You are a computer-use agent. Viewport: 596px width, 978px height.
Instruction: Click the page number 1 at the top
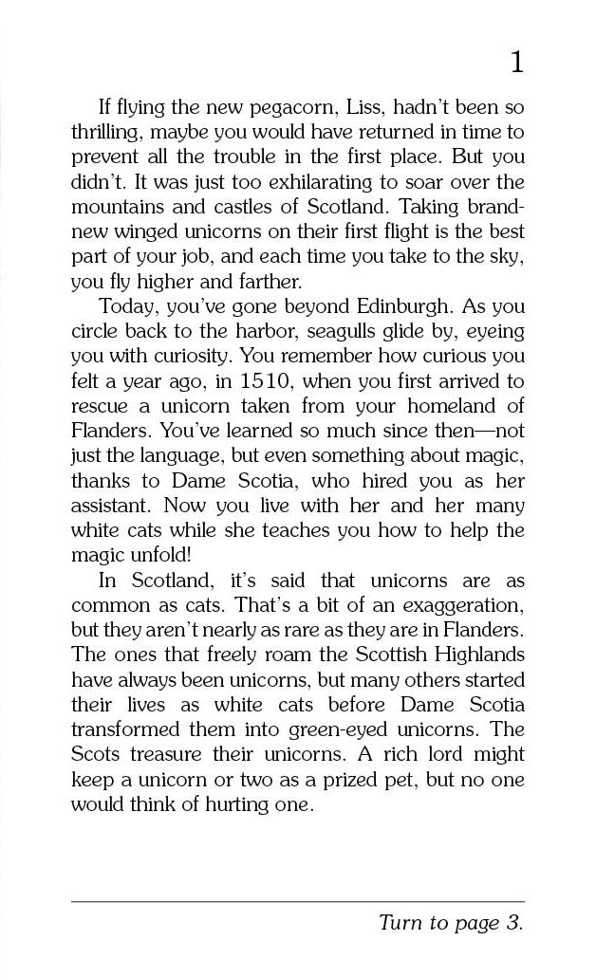click(515, 63)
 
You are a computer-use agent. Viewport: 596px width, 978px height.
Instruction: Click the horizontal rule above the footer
click(297, 901)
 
